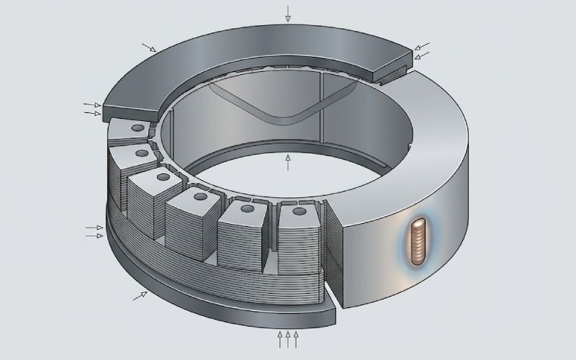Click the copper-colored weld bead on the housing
tap(417, 242)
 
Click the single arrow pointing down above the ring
tap(288, 13)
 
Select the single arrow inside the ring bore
tap(288, 162)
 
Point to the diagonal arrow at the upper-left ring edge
tap(148, 48)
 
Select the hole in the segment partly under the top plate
tap(137, 127)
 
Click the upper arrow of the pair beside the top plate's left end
tap(91, 104)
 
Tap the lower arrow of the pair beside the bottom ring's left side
tap(94, 235)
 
